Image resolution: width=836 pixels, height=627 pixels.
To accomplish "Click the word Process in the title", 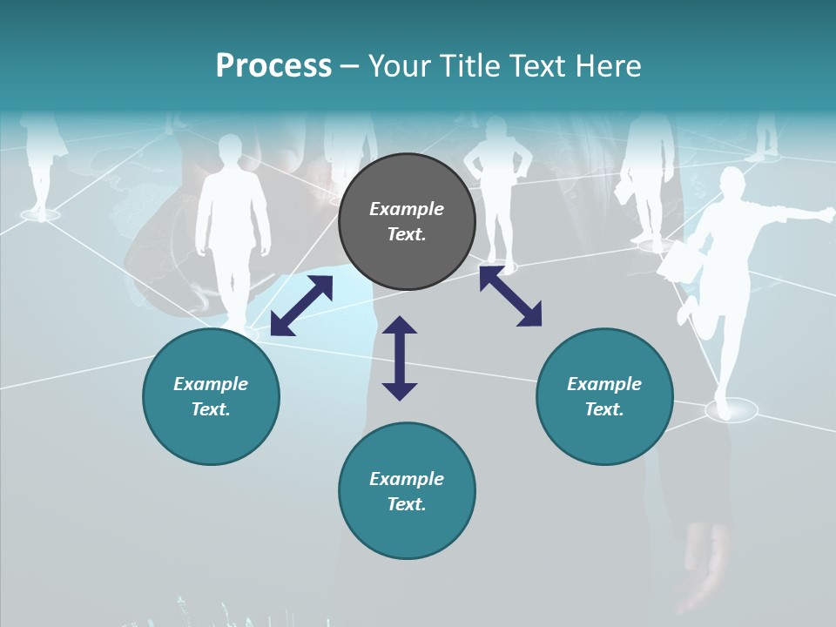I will (x=273, y=66).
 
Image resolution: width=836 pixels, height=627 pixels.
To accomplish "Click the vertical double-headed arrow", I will (x=400, y=358).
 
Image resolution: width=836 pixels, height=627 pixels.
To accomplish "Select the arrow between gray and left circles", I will (x=301, y=306).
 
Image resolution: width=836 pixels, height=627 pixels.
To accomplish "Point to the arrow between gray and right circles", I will (x=510, y=296).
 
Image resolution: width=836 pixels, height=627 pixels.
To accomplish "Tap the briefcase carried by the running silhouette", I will (x=675, y=261).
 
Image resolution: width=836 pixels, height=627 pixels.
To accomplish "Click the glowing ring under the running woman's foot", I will (x=731, y=409).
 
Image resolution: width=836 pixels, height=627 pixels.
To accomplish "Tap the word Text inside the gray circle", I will (x=407, y=234).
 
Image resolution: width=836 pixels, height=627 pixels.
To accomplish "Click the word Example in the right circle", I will (x=604, y=384).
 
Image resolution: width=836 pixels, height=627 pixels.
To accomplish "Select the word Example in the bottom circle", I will (x=407, y=479).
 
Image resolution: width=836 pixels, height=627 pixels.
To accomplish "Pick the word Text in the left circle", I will (x=212, y=409).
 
